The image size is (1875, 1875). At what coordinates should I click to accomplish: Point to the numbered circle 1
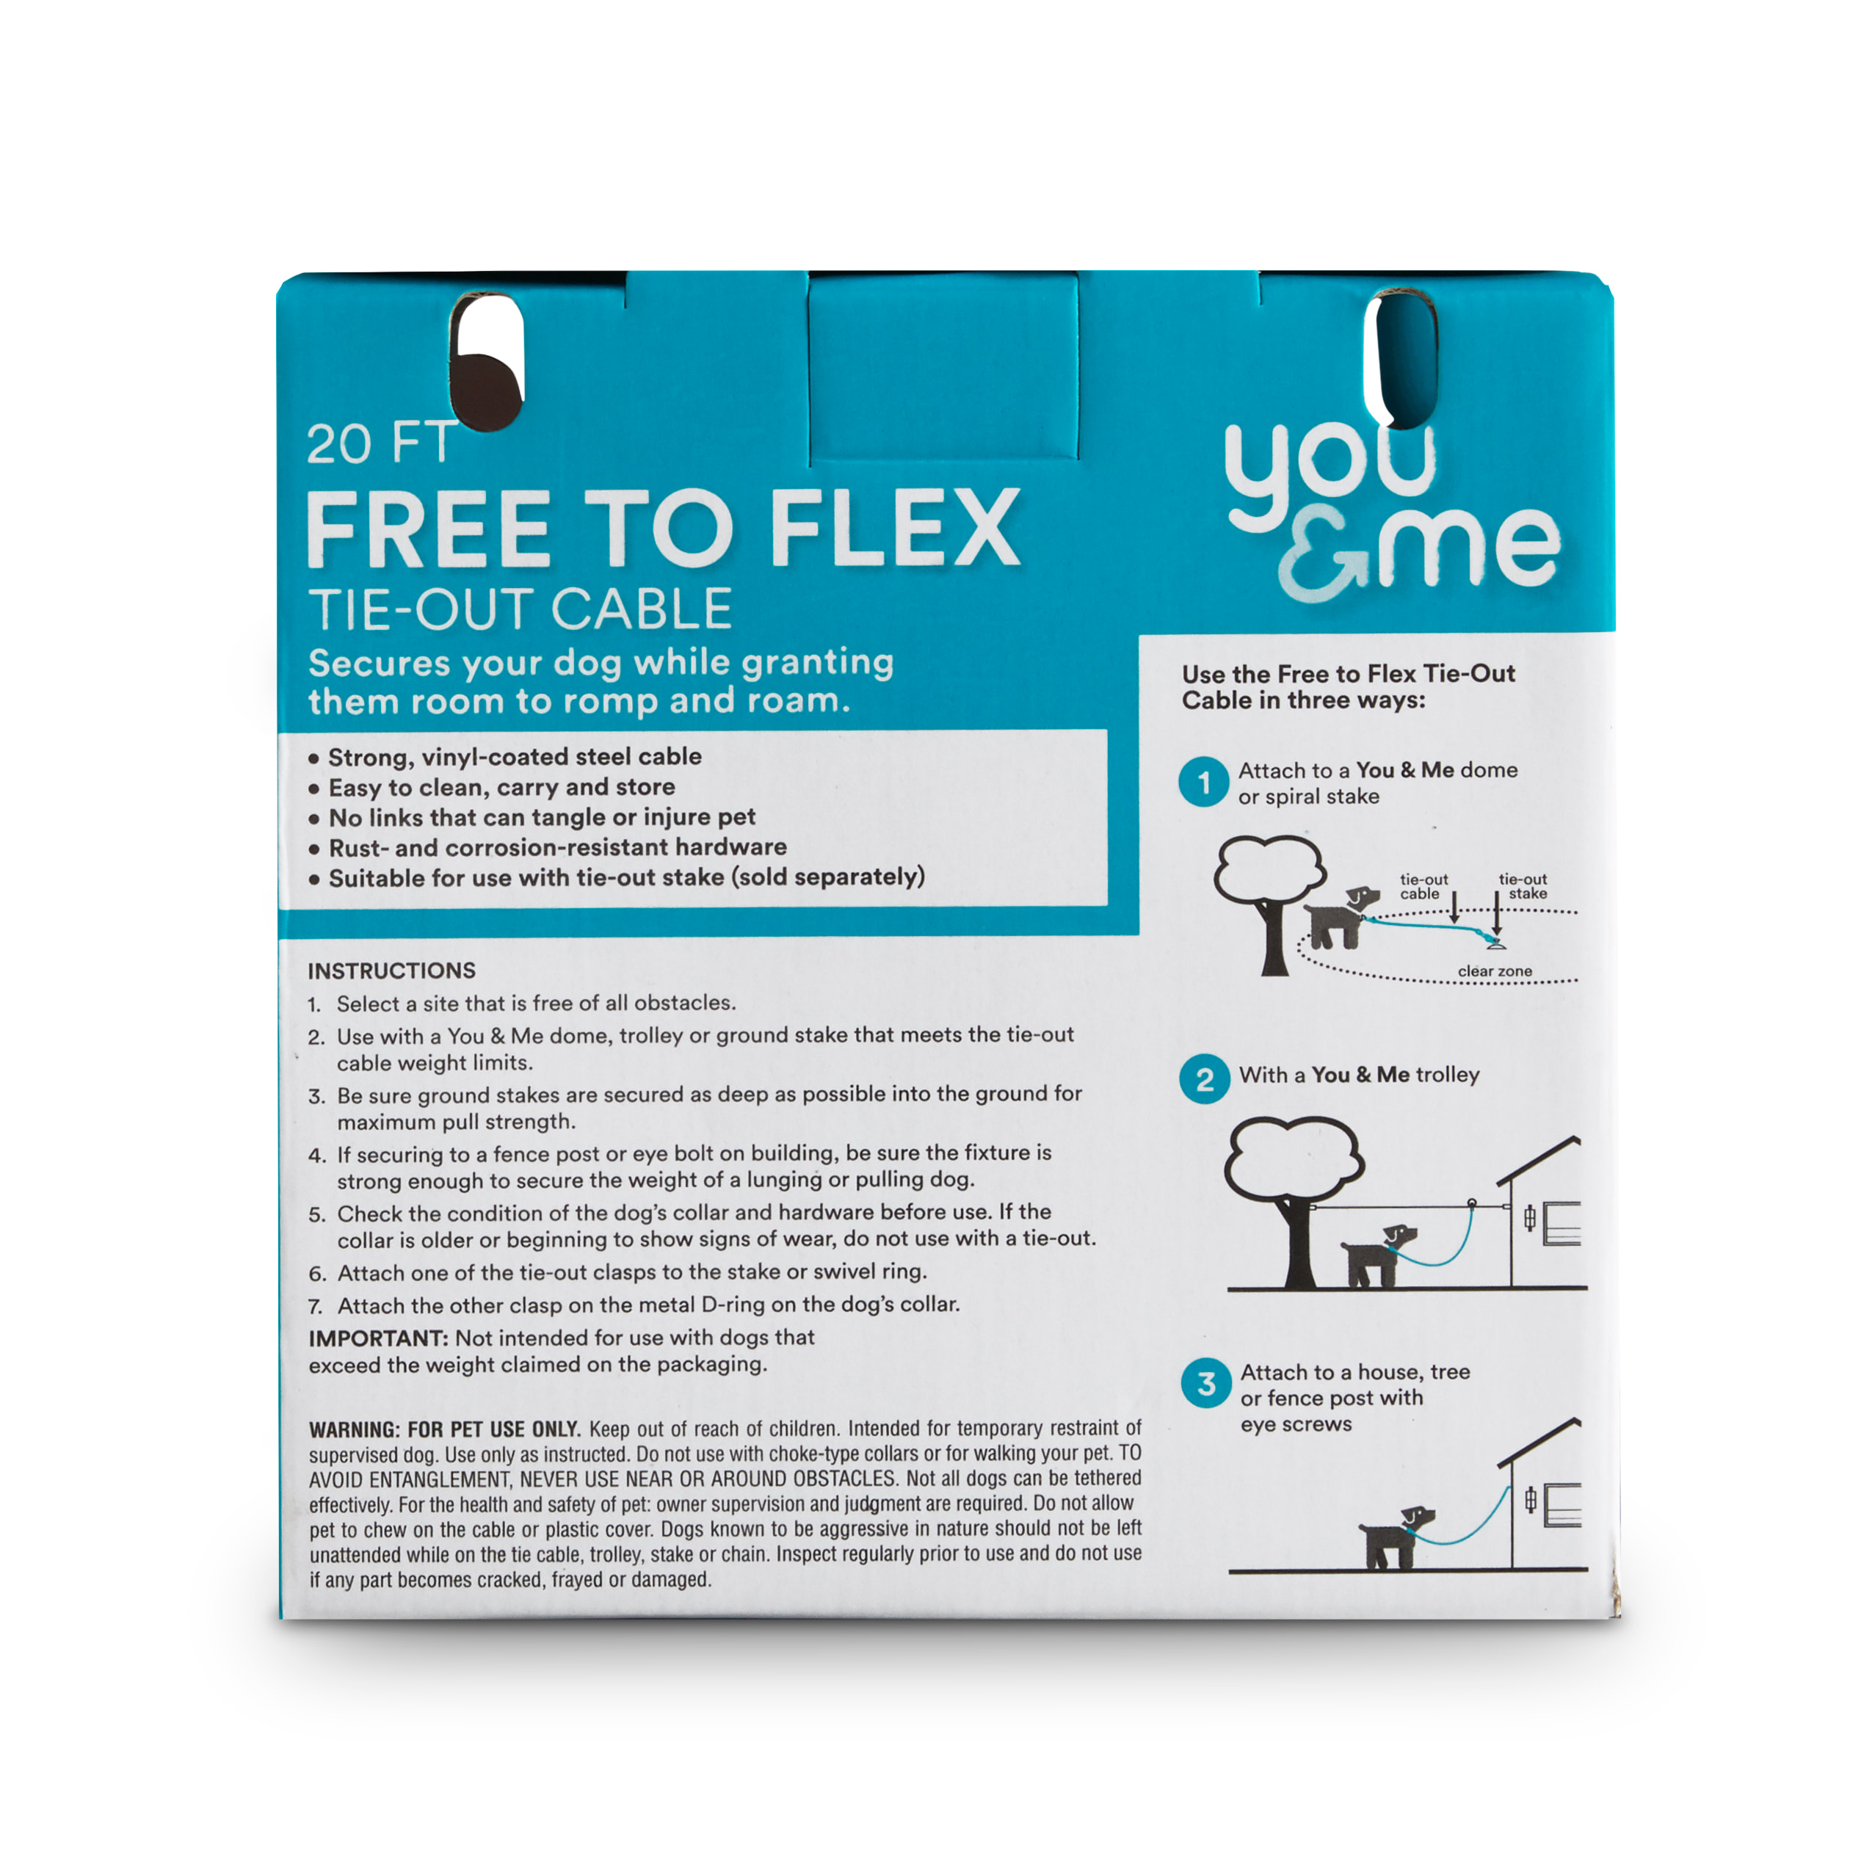[1203, 781]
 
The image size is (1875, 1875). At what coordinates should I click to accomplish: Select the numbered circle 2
[1205, 1078]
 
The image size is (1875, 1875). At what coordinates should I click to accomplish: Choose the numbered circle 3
[1206, 1383]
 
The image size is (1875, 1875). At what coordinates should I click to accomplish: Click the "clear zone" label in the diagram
[1495, 971]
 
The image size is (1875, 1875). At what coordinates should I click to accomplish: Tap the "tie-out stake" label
[1523, 886]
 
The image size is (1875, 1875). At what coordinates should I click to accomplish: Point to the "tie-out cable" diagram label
[1424, 886]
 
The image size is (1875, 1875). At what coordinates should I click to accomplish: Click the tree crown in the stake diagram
[1270, 871]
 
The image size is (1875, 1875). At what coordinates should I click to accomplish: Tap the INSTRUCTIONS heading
[391, 971]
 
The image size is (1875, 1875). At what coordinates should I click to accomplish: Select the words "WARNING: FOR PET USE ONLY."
[444, 1429]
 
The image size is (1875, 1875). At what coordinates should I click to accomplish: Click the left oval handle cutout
[488, 361]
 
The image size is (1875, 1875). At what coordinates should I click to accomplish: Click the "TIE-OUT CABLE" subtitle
[521, 609]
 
